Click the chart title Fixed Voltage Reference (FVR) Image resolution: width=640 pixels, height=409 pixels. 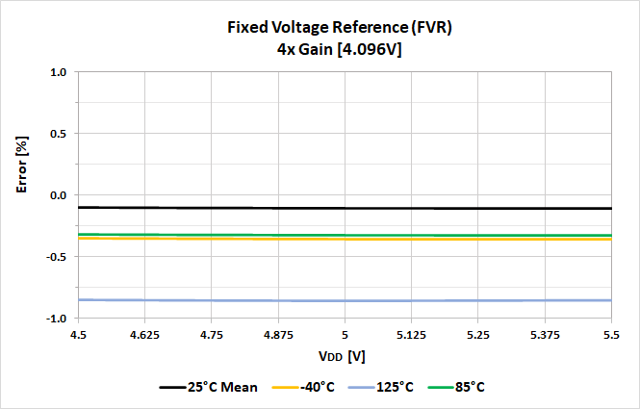pos(339,27)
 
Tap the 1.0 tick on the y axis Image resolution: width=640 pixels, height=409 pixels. pos(57,72)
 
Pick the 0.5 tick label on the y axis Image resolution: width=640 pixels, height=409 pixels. pos(57,134)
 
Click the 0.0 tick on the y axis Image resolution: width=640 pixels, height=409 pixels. pos(57,195)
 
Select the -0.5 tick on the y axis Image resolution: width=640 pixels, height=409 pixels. pos(55,257)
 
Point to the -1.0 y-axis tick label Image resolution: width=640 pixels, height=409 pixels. pos(55,319)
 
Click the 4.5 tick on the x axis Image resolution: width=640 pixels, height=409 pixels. pos(78,335)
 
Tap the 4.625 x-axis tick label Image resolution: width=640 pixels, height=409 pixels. pos(144,335)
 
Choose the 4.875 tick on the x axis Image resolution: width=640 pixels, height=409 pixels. pos(278,335)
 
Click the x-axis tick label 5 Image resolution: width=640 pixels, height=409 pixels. pos(345,335)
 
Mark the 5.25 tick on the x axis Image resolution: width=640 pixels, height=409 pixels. pos(478,335)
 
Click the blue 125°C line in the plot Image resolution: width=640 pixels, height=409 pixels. pos(345,300)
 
